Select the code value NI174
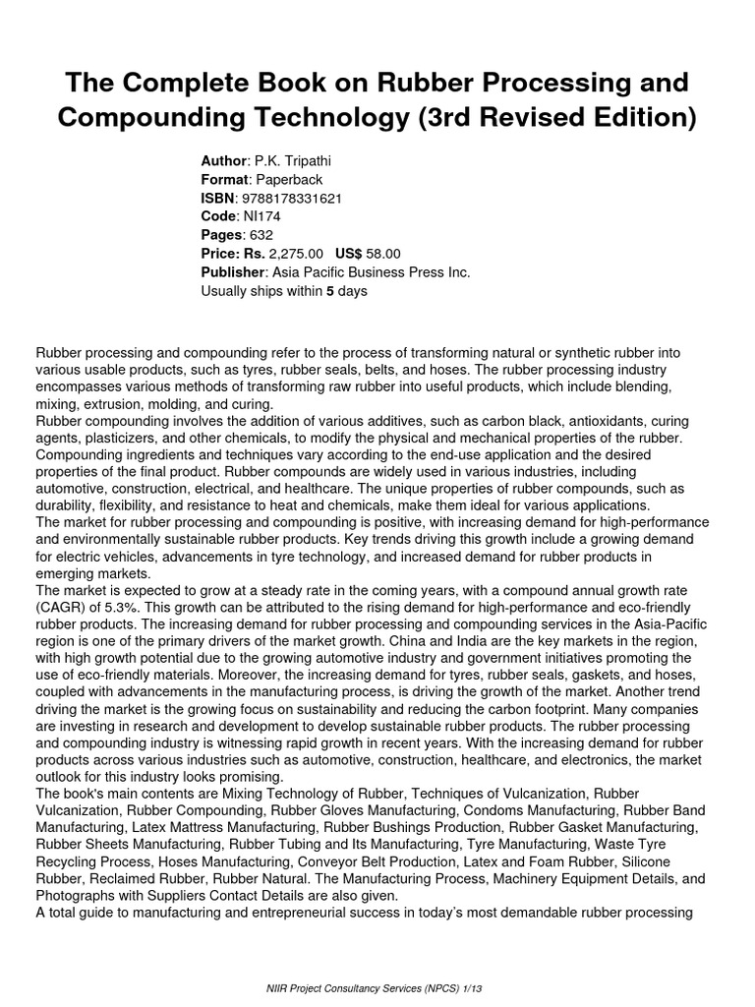point(260,217)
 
